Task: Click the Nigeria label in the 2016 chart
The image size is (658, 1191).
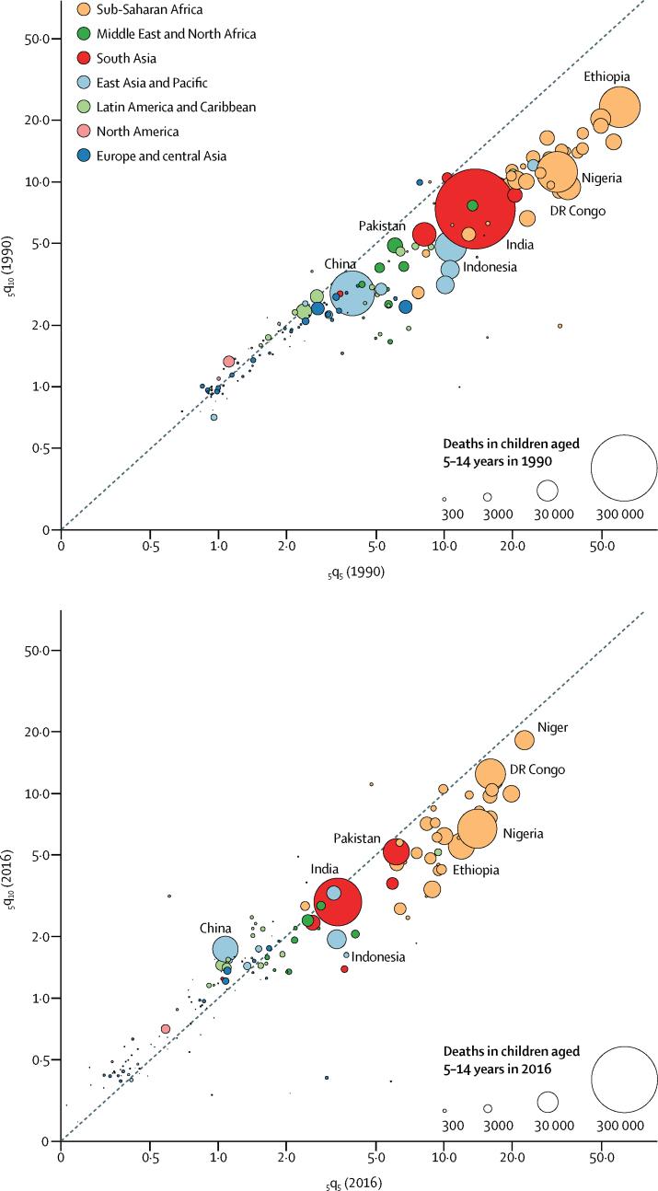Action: click(523, 834)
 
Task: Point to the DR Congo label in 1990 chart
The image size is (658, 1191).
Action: click(577, 211)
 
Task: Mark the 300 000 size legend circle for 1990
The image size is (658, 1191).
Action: click(624, 468)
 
